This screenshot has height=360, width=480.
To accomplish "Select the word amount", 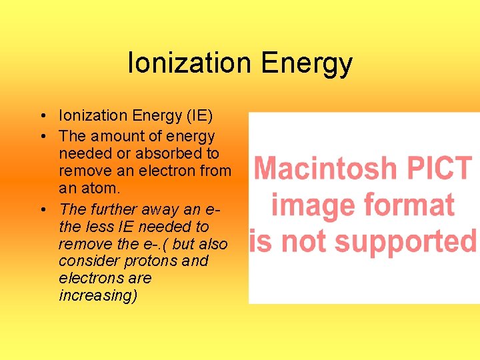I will point(117,137).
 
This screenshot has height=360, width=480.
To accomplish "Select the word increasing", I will point(98,296).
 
